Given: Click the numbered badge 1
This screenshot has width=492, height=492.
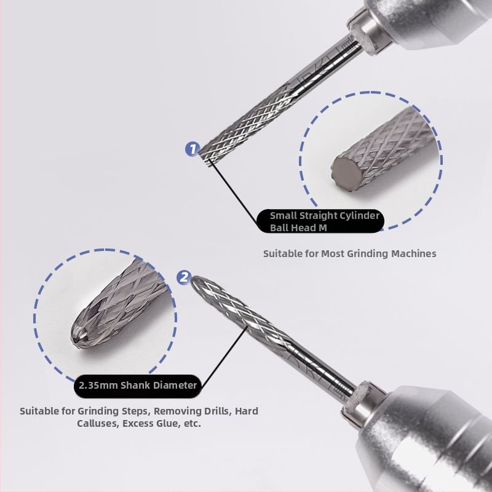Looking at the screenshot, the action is [x=192, y=149].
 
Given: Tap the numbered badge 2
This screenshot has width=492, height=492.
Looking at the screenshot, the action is [x=183, y=277].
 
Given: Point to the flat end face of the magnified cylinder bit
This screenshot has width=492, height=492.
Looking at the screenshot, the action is [x=347, y=173].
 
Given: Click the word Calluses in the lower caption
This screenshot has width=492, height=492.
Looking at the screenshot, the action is [x=97, y=424].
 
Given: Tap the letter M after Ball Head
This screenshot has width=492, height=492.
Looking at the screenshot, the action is [x=323, y=228].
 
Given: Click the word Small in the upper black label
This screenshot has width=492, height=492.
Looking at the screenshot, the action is [x=284, y=216].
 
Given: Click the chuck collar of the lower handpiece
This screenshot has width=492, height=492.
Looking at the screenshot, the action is [x=362, y=405].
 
